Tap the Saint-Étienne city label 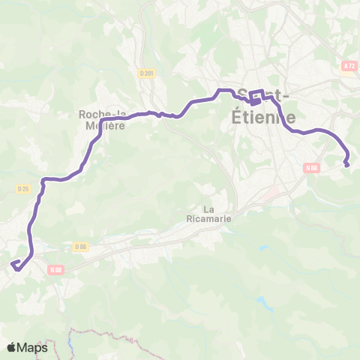265,107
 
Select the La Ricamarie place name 213,214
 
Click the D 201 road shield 146,73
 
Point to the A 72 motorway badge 349,66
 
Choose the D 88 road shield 82,246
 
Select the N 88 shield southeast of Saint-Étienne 312,168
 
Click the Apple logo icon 12,347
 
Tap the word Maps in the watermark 33,347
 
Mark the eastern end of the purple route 346,164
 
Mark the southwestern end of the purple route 13,262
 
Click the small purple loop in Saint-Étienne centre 256,97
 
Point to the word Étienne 265,118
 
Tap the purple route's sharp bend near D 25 45,180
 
